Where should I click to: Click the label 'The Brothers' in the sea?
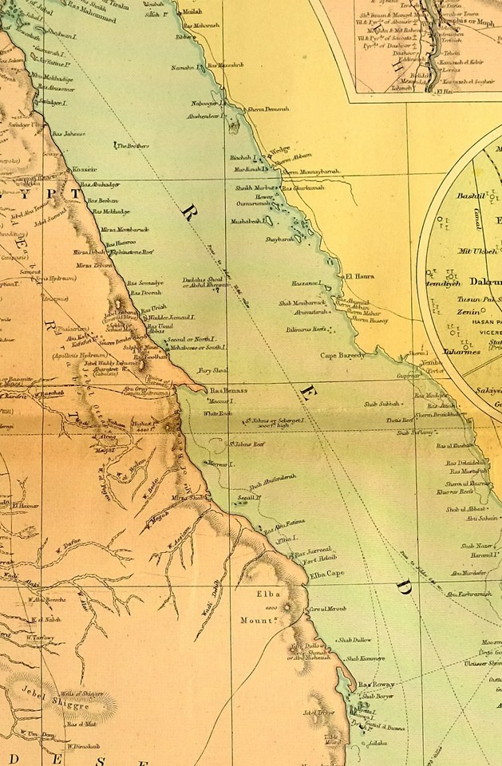133,146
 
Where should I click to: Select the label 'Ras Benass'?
229,390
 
